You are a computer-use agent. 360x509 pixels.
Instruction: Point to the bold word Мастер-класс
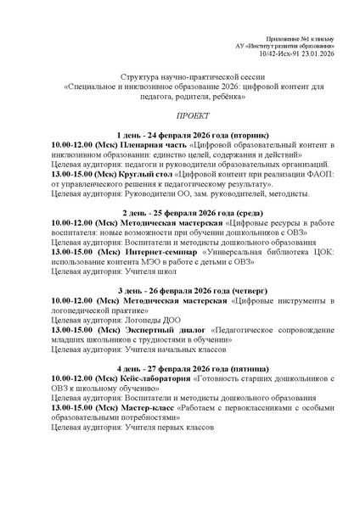pyautogui.click(x=146, y=409)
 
